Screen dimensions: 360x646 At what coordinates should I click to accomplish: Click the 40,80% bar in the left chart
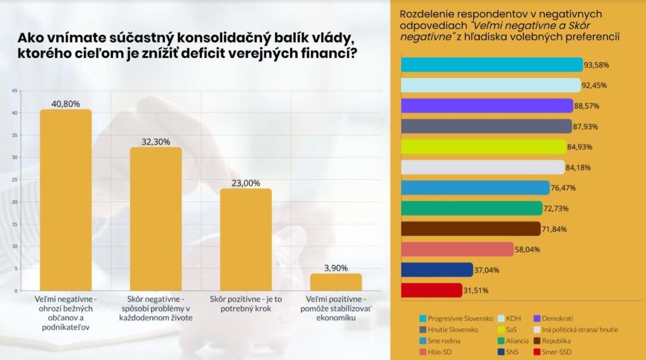click(66, 200)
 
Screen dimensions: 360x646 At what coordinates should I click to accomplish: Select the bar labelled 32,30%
click(156, 219)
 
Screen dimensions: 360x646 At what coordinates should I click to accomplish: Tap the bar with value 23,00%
click(246, 240)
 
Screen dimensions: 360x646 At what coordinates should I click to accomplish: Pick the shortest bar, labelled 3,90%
click(336, 282)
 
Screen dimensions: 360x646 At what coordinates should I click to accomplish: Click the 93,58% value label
click(596, 65)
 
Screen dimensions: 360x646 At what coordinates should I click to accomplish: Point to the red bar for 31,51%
click(432, 290)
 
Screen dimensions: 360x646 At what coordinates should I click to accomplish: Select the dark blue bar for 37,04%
click(437, 270)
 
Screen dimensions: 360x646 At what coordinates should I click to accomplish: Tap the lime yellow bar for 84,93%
click(484, 147)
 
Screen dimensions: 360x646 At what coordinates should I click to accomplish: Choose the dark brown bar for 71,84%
click(471, 229)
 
